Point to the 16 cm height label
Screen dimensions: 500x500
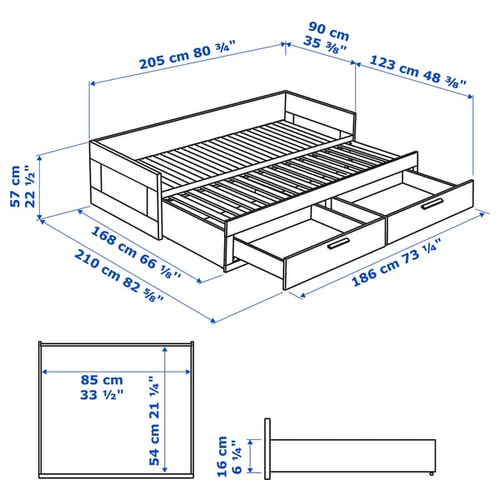click(221, 457)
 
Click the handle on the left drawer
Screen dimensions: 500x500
click(338, 242)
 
